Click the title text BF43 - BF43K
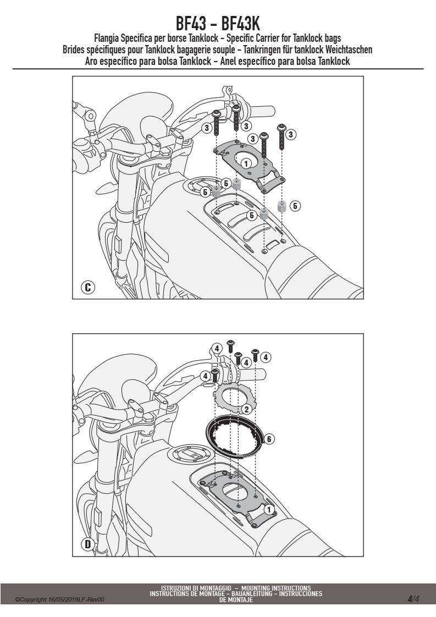coord(218,24)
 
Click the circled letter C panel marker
coord(88,287)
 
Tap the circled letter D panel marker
coord(88,544)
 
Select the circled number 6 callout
coord(269,439)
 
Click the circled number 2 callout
coord(246,409)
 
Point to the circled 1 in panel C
coord(246,163)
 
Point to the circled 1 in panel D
coord(269,510)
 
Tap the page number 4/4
coord(413,599)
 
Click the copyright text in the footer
coord(60,599)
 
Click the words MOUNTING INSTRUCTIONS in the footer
coord(276,588)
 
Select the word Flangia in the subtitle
coord(106,38)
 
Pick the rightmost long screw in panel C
coord(282,136)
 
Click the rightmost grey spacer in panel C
coord(282,206)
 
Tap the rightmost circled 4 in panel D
coord(266,357)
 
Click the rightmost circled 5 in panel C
coord(295,206)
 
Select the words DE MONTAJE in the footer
coord(236,600)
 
